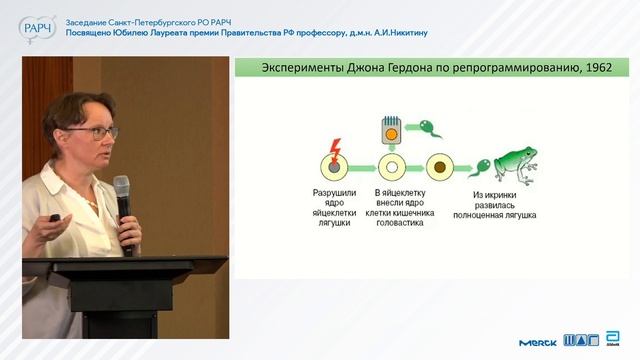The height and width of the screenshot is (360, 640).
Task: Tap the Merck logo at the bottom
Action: (538, 342)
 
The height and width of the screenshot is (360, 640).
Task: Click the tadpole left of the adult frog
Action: (479, 167)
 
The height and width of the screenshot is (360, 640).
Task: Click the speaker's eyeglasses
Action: (99, 132)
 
